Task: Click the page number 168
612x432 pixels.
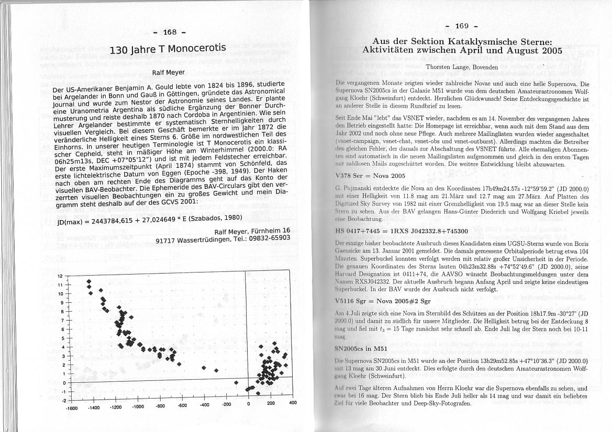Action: coord(170,32)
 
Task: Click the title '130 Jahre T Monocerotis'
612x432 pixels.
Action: coord(168,50)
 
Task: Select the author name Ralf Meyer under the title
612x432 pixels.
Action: coord(168,72)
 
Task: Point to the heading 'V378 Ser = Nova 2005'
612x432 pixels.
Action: coord(370,175)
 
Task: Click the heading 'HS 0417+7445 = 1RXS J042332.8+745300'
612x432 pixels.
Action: coord(402,230)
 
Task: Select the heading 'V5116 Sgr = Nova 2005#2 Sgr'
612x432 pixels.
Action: coord(382,301)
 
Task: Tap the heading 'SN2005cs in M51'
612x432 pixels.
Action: coord(360,348)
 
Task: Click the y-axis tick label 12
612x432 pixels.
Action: coord(60,276)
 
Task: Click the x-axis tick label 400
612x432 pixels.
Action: coord(293,403)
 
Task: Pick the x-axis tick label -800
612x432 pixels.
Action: coord(160,406)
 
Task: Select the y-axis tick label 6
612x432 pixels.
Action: coord(61,329)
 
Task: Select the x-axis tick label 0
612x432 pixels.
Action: coord(249,404)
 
